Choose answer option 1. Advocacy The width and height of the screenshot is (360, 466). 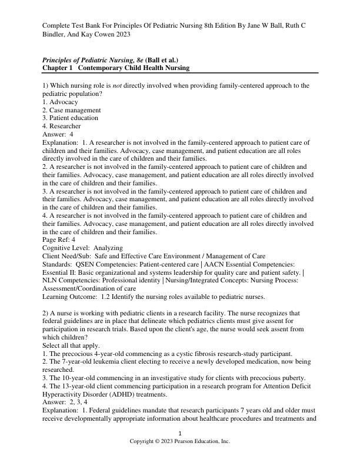[x=60, y=102]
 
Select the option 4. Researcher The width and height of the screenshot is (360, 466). [x=62, y=126]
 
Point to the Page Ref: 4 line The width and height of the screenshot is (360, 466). [x=59, y=240]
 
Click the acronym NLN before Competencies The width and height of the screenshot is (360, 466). [x=51, y=281]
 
